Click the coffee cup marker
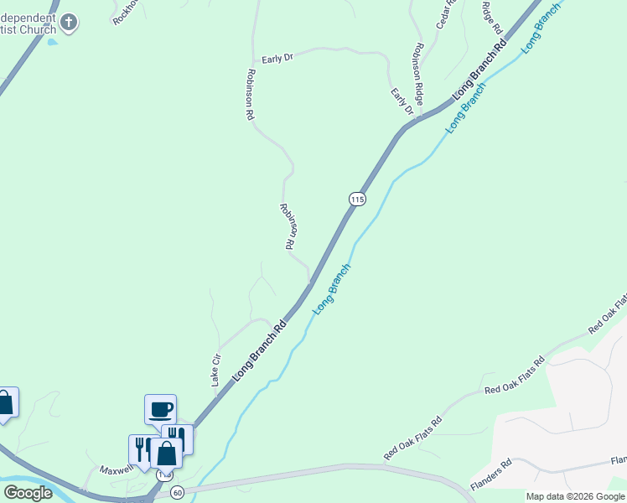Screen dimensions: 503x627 (160, 409)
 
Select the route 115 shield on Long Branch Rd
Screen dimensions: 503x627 (358, 199)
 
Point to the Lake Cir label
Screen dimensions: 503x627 (216, 369)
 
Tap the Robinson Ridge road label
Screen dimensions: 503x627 (417, 72)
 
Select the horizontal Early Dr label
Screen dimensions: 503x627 (277, 59)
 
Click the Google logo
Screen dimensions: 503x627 (28, 493)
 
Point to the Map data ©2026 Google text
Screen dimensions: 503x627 (576, 496)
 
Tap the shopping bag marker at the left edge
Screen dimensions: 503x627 (4, 403)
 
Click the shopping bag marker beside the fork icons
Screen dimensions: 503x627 (167, 454)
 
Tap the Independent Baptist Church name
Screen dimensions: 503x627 (25, 23)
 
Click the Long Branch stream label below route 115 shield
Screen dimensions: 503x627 (331, 289)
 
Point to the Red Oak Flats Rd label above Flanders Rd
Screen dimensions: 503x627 (514, 375)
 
